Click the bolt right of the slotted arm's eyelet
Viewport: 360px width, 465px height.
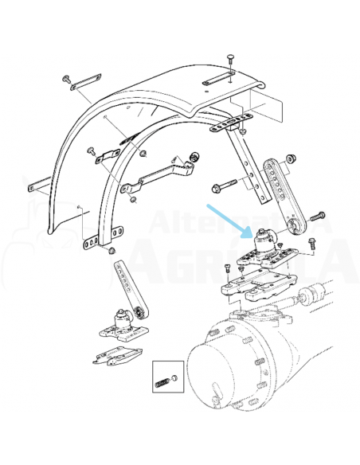[x=318, y=216]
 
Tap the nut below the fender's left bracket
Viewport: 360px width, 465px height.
[x=112, y=252]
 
